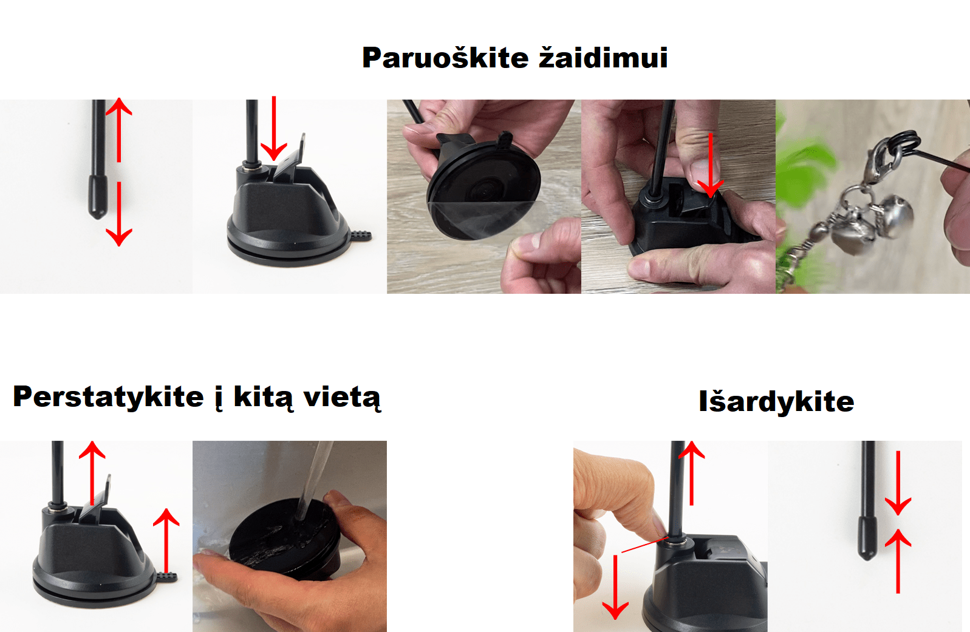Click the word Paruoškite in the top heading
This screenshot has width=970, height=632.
(445, 58)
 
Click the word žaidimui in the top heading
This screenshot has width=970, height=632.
(603, 57)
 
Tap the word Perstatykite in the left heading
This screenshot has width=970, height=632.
(108, 398)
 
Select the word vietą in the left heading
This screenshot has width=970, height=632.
(342, 398)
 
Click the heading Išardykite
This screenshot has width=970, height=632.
(776, 402)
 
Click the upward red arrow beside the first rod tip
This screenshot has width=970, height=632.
(118, 130)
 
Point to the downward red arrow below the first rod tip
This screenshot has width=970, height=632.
(118, 214)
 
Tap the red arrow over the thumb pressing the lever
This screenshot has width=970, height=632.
(711, 165)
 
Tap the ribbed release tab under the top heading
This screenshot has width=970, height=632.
(361, 236)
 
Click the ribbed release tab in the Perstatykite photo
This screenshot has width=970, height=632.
(166, 577)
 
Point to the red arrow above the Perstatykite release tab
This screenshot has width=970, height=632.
(166, 540)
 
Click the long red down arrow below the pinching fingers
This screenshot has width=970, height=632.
(615, 587)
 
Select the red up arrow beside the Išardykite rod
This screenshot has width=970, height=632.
(692, 473)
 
